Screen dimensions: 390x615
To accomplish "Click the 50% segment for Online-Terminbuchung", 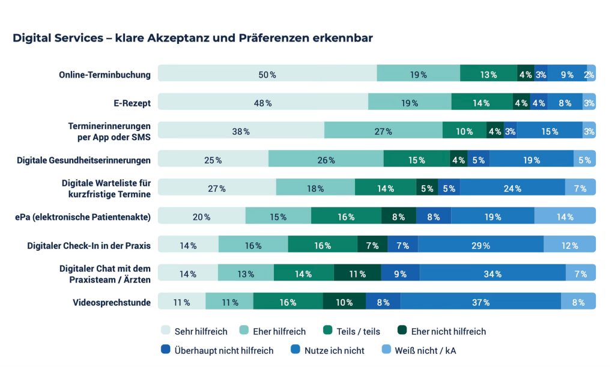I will [267, 75].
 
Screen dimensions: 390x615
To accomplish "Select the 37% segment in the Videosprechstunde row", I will [480, 302].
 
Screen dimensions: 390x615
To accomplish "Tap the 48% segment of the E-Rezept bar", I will [262, 103].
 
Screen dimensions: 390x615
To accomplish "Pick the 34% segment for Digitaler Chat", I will [492, 274].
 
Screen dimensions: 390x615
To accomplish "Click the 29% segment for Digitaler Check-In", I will [480, 245].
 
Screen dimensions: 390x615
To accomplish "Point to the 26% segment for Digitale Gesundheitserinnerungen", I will [326, 160].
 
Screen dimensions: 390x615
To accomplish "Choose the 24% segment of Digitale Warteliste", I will [512, 188].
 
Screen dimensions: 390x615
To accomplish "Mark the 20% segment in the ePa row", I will [202, 217].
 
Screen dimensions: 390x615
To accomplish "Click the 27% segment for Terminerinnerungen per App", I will [383, 131].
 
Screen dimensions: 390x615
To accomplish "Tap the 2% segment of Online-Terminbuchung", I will [590, 75].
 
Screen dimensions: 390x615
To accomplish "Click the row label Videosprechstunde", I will [111, 302].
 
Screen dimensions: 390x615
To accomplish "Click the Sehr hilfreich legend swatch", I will [166, 331].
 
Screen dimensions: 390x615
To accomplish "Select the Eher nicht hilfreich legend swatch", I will [401, 331].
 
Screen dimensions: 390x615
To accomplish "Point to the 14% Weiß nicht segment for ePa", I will [565, 217].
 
